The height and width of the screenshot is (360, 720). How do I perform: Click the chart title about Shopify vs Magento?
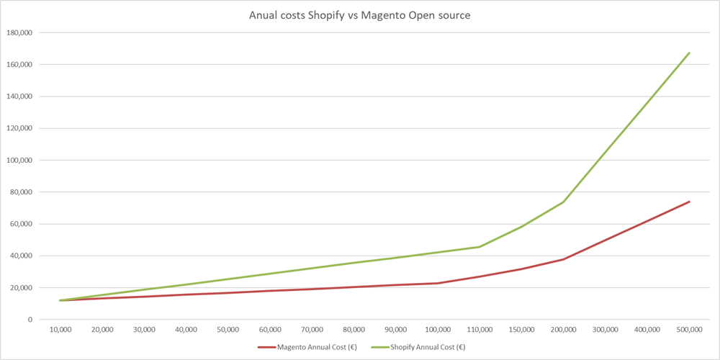click(x=359, y=15)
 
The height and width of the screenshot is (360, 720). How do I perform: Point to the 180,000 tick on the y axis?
click(x=20, y=32)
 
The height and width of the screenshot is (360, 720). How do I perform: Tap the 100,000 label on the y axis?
click(x=20, y=160)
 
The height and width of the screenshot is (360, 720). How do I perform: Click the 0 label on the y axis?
click(x=30, y=319)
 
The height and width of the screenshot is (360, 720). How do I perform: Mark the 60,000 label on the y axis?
click(x=22, y=224)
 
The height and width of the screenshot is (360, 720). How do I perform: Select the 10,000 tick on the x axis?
click(x=60, y=330)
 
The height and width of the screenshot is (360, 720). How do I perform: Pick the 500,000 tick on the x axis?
click(x=689, y=330)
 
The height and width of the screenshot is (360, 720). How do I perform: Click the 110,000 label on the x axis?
click(x=480, y=330)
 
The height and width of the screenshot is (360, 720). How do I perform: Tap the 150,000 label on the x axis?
click(x=521, y=330)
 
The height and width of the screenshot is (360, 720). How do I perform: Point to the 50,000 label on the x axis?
click(x=228, y=330)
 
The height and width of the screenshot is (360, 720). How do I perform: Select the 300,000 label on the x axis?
click(x=606, y=330)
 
